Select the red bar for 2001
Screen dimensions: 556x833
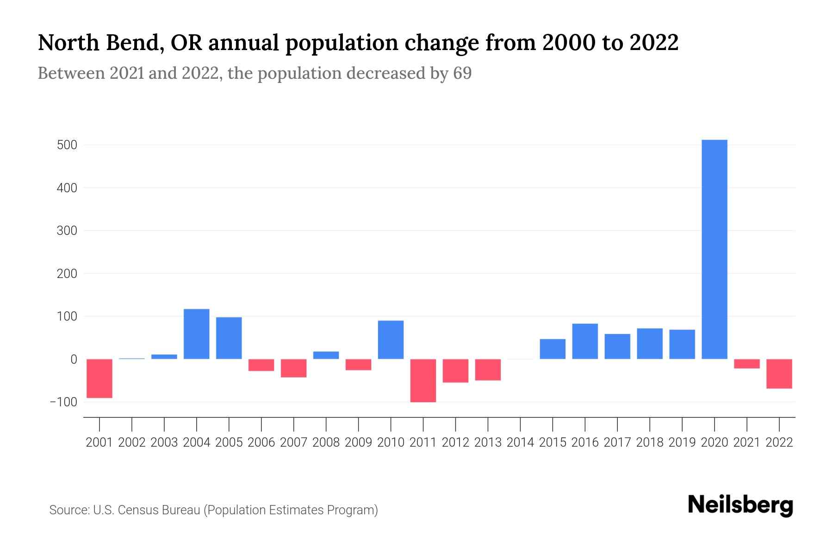[x=99, y=378]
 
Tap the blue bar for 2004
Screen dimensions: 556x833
[x=197, y=334]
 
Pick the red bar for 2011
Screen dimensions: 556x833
[x=423, y=380]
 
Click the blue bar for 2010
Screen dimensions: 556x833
[x=391, y=340]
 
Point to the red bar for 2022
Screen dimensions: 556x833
[x=779, y=373]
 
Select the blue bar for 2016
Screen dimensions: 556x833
[x=585, y=341]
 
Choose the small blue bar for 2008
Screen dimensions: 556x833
[x=326, y=355]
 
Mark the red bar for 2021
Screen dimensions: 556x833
[x=746, y=364]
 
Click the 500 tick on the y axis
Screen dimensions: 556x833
[x=67, y=145]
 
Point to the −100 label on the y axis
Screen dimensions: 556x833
[x=63, y=402]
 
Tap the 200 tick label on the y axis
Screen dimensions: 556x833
[x=67, y=274]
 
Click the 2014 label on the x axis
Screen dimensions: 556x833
[x=520, y=442]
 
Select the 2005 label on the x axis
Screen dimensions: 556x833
[x=229, y=442]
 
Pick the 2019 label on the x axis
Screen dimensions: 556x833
[x=682, y=442]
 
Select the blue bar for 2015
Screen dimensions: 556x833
[x=553, y=349]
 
